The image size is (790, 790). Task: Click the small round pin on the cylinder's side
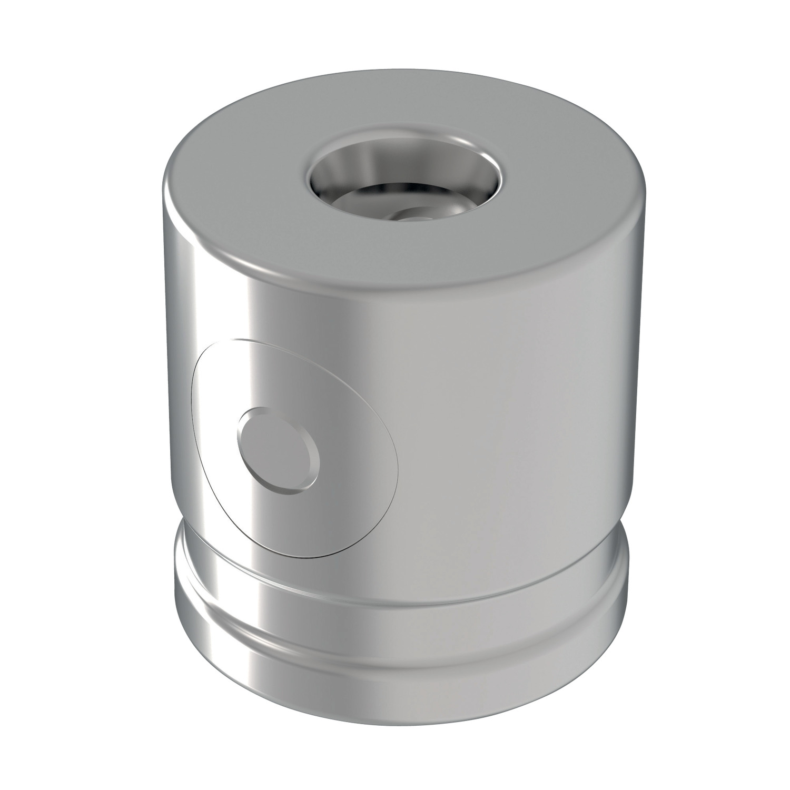click(x=278, y=450)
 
